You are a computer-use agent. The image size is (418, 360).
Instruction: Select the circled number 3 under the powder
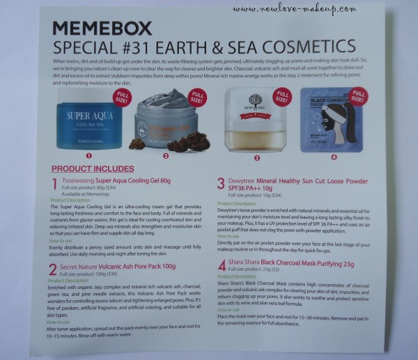click(x=256, y=157)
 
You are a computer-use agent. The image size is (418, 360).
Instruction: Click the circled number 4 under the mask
click(x=332, y=157)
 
